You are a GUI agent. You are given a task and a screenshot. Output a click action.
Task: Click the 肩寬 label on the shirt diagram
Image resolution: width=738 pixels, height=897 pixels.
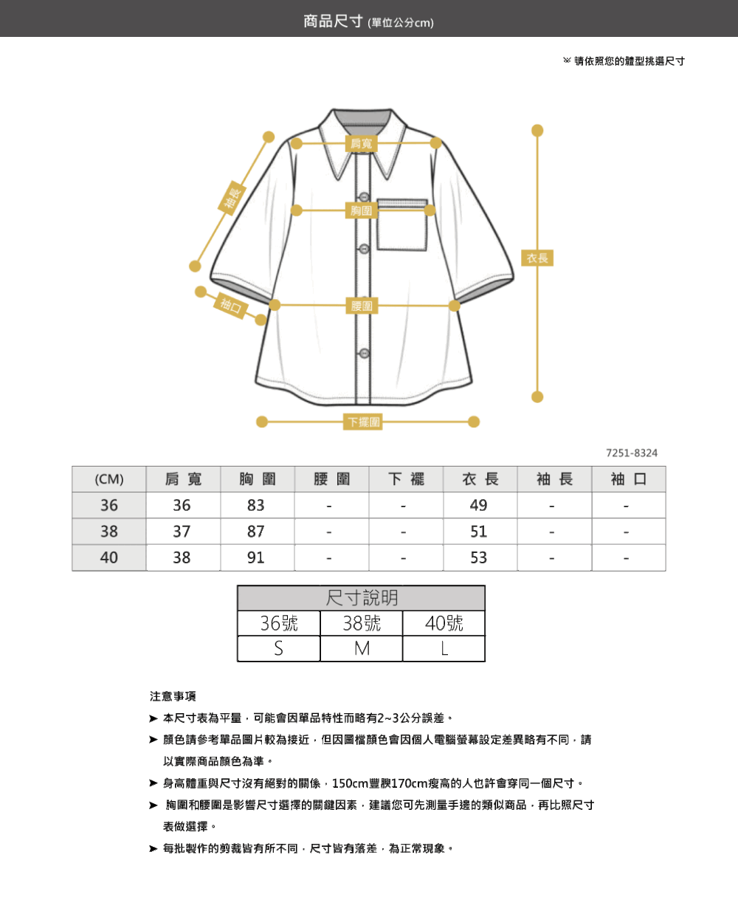pyautogui.click(x=362, y=143)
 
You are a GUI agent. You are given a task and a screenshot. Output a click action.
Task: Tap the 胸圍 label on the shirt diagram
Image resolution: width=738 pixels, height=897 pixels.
pyautogui.click(x=362, y=210)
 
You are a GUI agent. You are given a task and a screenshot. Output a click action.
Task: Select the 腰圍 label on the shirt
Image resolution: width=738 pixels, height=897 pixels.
pyautogui.click(x=362, y=306)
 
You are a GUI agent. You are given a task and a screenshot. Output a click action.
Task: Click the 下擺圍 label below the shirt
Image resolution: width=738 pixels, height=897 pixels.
pyautogui.click(x=362, y=422)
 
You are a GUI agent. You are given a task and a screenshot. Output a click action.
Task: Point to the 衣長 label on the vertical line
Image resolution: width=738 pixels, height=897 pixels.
pyautogui.click(x=537, y=258)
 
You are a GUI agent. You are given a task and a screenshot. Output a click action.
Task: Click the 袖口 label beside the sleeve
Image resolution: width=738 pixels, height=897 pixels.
pyautogui.click(x=231, y=306)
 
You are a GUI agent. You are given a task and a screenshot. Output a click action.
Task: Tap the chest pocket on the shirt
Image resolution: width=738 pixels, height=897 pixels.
pyautogui.click(x=401, y=224)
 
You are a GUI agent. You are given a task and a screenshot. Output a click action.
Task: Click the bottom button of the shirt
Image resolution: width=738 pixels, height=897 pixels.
pyautogui.click(x=365, y=354)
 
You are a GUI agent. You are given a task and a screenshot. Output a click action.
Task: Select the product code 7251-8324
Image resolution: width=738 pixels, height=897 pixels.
pyautogui.click(x=632, y=453)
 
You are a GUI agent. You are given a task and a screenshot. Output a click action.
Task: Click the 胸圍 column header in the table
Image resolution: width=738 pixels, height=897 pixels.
pyautogui.click(x=258, y=479)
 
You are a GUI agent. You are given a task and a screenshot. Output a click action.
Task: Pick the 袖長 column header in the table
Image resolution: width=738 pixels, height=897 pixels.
pyautogui.click(x=554, y=479)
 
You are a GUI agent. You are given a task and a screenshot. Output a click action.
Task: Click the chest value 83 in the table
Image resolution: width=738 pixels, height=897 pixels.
pyautogui.click(x=256, y=505)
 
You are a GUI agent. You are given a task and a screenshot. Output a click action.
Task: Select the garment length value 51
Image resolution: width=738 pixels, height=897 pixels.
pyautogui.click(x=479, y=532)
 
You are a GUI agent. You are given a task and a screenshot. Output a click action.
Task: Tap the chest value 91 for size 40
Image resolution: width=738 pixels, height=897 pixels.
pyautogui.click(x=256, y=557)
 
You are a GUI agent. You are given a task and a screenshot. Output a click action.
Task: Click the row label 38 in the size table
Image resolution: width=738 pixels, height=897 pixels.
pyautogui.click(x=108, y=532)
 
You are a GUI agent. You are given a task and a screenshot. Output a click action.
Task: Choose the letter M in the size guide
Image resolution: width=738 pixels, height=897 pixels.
pyautogui.click(x=362, y=649)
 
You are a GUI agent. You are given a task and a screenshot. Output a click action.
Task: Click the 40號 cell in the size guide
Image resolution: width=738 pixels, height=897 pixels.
pyautogui.click(x=444, y=623)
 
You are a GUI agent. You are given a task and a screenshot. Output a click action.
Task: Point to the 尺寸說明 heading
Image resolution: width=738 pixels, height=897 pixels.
pyautogui.click(x=362, y=598)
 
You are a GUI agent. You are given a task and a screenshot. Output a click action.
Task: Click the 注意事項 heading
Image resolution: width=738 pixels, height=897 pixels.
pyautogui.click(x=173, y=696)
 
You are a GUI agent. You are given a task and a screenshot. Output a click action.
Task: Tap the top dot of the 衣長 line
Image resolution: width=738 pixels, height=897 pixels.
pyautogui.click(x=537, y=131)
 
